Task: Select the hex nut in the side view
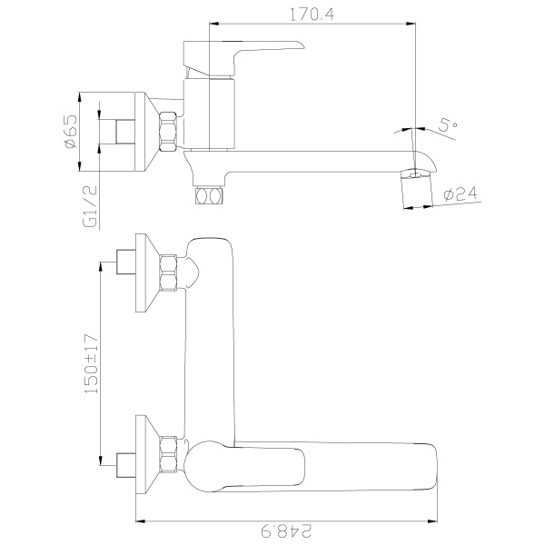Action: (168, 132)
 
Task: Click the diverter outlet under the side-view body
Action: (208, 195)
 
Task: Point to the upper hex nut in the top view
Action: (168, 272)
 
